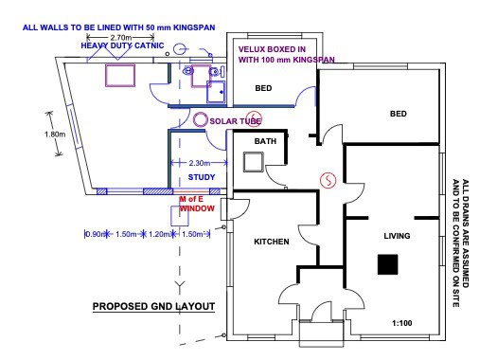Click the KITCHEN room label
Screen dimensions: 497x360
tap(272, 242)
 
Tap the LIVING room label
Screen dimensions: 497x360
tap(397, 236)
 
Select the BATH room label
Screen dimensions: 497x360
tap(265, 141)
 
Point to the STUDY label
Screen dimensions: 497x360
tap(202, 177)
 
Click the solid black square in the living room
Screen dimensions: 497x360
tap(387, 264)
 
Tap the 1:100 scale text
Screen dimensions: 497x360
tap(402, 323)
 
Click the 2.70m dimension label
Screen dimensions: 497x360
tap(121, 38)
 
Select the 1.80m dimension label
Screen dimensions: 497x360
tap(55, 135)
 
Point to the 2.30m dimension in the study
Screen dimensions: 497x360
tap(200, 163)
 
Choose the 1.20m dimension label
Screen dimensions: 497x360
tap(159, 234)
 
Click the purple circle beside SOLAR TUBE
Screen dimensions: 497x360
tap(200, 119)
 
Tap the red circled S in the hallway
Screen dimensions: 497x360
tap(328, 180)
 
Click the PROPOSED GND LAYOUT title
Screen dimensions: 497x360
tap(153, 307)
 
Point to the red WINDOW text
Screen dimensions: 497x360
tap(197, 208)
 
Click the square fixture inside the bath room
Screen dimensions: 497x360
tap(254, 162)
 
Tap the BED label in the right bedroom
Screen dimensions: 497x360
tap(399, 114)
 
